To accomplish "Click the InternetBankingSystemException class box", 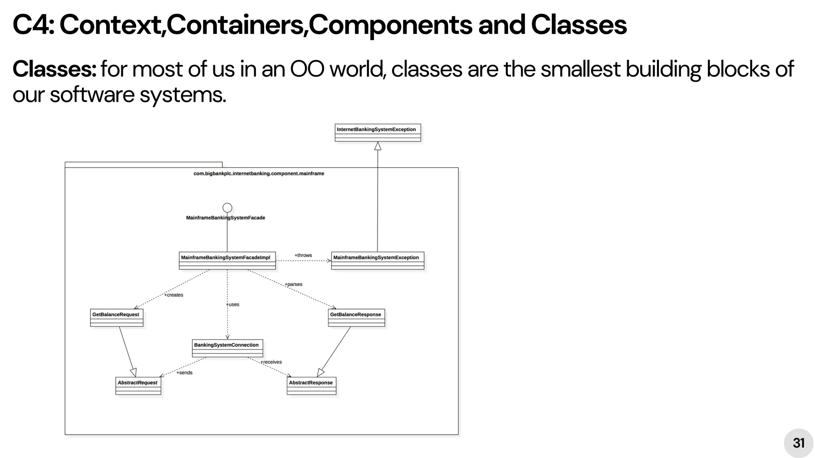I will (x=378, y=132).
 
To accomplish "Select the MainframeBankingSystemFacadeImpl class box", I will (x=227, y=260).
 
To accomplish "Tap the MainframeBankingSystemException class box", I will (x=378, y=260).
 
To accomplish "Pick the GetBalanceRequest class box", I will (x=117, y=317).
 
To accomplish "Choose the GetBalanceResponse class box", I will (x=356, y=317).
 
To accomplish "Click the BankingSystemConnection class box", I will (x=227, y=348).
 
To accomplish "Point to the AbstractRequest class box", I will (x=138, y=386).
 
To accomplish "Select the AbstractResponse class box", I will (x=311, y=386).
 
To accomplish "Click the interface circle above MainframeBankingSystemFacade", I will (x=227, y=208).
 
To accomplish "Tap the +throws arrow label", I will (x=303, y=255).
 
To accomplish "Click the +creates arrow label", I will (x=174, y=295).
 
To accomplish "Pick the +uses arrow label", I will (x=233, y=305).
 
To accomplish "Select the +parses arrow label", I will (x=294, y=284).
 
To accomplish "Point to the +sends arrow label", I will (x=185, y=373).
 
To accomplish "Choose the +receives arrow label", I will (x=271, y=362).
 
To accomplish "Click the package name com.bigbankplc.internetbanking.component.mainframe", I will (x=259, y=173).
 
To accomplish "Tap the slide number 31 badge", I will (x=798, y=443).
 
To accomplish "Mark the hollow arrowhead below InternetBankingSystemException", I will (x=378, y=146).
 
